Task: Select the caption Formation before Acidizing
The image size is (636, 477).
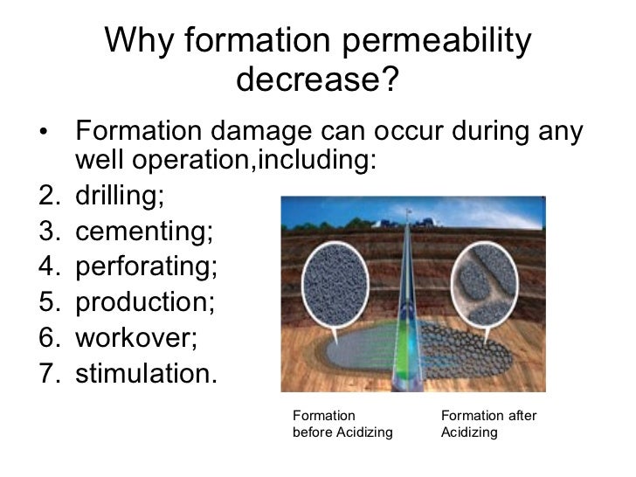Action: [x=342, y=424]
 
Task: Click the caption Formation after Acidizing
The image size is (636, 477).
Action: [x=488, y=424]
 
